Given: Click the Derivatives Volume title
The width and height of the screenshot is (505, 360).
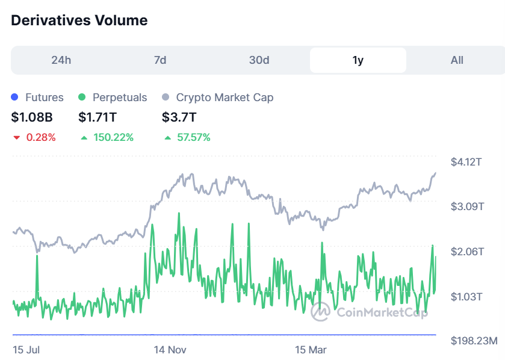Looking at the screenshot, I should click(79, 20).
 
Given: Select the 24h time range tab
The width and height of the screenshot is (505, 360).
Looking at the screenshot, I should click(61, 60).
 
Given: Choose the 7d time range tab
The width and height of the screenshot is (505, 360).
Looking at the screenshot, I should click(160, 60).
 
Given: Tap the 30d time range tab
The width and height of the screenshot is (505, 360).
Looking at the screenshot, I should click(259, 60).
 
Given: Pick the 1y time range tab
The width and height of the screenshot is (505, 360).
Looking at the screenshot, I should click(358, 60).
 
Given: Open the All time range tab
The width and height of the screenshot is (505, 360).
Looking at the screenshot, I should click(457, 60).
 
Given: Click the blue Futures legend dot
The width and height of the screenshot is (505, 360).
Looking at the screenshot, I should click(15, 98).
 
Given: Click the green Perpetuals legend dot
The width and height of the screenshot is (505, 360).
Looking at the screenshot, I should click(82, 98).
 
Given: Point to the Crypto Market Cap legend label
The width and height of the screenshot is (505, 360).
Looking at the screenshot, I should click(225, 98).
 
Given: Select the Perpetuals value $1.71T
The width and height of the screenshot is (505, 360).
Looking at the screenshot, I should click(100, 117).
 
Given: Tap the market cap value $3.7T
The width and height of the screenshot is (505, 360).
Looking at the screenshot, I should click(179, 117).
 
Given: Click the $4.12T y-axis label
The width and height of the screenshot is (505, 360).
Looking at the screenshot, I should click(467, 162).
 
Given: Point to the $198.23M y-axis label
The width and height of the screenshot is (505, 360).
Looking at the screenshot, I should click(474, 341).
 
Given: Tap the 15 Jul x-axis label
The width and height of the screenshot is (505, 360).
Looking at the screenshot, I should click(26, 350).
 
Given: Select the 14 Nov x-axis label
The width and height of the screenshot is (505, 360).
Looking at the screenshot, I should click(170, 350).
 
